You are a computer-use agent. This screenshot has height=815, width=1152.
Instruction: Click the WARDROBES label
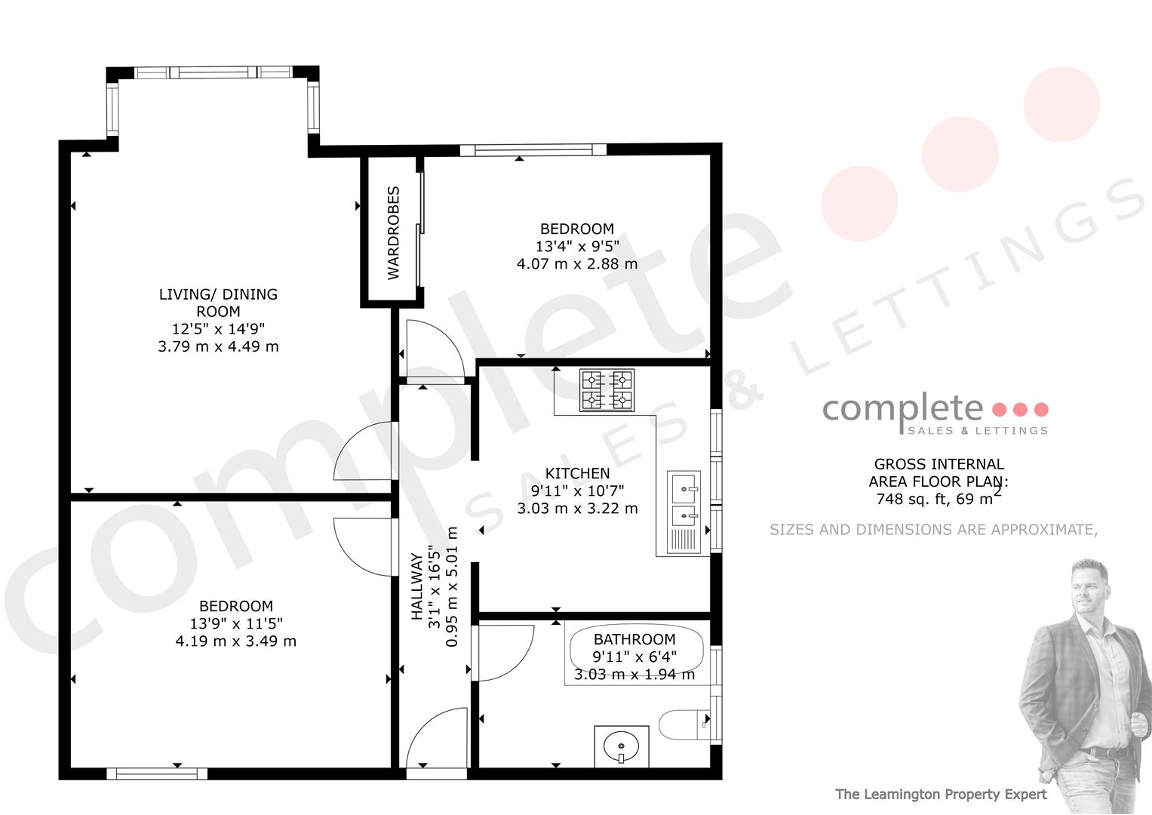(x=393, y=233)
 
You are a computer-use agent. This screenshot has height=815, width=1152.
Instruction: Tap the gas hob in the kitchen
(x=607, y=390)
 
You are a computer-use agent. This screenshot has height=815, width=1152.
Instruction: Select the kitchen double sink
(x=684, y=512)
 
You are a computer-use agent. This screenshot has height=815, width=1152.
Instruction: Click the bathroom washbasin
(x=621, y=746)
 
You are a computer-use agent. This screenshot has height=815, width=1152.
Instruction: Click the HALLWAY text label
(x=416, y=586)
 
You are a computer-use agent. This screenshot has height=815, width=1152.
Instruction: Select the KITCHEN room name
(x=578, y=473)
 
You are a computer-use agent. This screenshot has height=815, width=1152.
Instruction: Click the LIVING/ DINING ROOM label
(x=218, y=303)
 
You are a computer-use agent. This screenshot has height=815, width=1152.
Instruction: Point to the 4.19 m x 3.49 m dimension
(x=236, y=641)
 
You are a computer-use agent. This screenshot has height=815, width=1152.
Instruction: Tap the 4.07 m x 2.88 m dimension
(x=577, y=264)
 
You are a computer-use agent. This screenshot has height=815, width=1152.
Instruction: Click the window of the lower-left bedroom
(x=157, y=773)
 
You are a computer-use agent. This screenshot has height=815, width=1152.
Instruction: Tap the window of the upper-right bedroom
(x=533, y=149)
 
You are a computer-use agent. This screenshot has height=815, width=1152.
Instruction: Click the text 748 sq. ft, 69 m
(x=935, y=499)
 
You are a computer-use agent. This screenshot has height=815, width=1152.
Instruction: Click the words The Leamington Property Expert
(x=941, y=795)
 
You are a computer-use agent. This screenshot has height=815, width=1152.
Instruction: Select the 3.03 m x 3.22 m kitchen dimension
(x=578, y=509)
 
